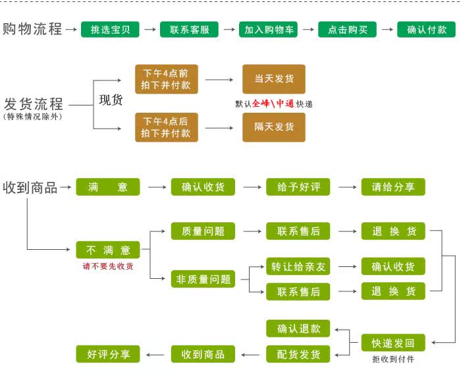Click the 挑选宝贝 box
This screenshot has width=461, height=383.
point(110,30)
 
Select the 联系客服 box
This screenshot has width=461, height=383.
point(189,30)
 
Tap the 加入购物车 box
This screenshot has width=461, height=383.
point(268,30)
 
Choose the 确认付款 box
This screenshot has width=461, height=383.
point(426,30)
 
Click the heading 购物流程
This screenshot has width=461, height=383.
point(32,29)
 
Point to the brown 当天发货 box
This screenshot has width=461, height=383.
point(274,79)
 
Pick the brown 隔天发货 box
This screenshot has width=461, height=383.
point(274,127)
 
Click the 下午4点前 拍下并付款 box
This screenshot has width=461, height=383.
point(167,79)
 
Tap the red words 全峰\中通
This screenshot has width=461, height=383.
point(273,103)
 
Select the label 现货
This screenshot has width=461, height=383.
point(111,100)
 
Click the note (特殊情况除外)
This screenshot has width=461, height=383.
point(33,117)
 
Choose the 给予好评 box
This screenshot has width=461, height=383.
point(298,187)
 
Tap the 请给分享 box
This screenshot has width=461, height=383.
point(393,187)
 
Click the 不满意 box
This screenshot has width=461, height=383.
point(108,250)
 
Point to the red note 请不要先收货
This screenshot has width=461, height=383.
point(108,266)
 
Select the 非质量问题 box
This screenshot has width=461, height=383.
point(203,279)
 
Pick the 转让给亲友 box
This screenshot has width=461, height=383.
point(298,266)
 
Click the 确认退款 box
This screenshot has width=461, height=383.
point(298,328)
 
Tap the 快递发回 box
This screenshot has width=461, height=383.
point(393,343)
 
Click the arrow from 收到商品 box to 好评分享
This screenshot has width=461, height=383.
point(155,355)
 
